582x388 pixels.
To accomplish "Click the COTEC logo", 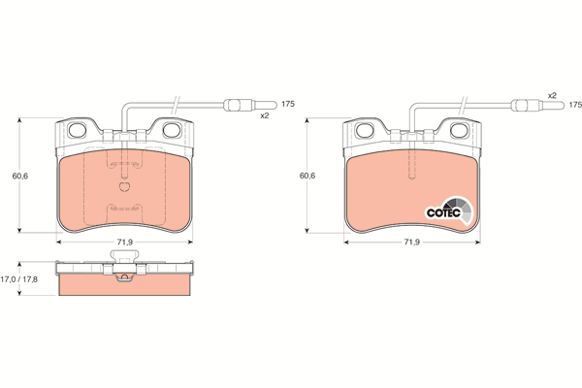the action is pyautogui.click(x=449, y=211).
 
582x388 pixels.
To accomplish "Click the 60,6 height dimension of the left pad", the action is pyautogui.click(x=20, y=176).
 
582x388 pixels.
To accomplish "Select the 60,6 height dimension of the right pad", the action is pyautogui.click(x=307, y=176).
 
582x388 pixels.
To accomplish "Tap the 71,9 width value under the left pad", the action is pyautogui.click(x=125, y=242).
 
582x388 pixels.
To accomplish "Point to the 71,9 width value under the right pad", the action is pyautogui.click(x=411, y=242).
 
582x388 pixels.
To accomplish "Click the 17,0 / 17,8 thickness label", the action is pyautogui.click(x=19, y=279).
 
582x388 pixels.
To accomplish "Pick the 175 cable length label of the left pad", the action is pyautogui.click(x=288, y=104).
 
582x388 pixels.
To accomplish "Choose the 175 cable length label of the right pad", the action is pyautogui.click(x=575, y=105).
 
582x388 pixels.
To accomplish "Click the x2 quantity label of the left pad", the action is pyautogui.click(x=264, y=115).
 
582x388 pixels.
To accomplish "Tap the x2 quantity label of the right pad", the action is pyautogui.click(x=552, y=95).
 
